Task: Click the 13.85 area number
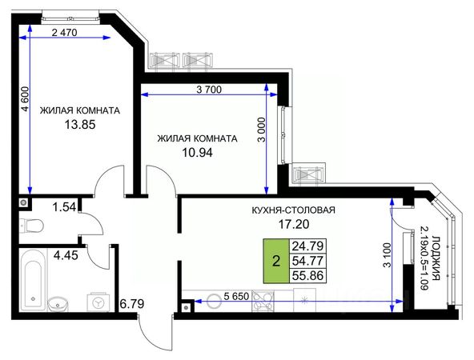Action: [80, 124]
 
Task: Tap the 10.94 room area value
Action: [197, 153]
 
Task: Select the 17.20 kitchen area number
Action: [294, 224]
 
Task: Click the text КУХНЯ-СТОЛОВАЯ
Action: [294, 210]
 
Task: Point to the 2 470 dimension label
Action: [64, 32]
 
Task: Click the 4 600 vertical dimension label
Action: [25, 98]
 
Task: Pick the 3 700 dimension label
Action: [209, 90]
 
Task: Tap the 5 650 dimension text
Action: [236, 296]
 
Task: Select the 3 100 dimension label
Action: [387, 255]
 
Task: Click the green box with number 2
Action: [276, 261]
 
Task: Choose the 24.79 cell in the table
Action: [307, 246]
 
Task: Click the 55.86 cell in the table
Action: [307, 275]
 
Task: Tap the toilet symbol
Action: [31, 226]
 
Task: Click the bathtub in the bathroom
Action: [33, 280]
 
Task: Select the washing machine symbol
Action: [98, 302]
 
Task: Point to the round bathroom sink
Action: [58, 304]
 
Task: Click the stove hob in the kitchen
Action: [263, 301]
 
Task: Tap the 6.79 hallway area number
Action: [132, 303]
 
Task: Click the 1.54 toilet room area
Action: [64, 207]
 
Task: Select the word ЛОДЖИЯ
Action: [436, 258]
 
